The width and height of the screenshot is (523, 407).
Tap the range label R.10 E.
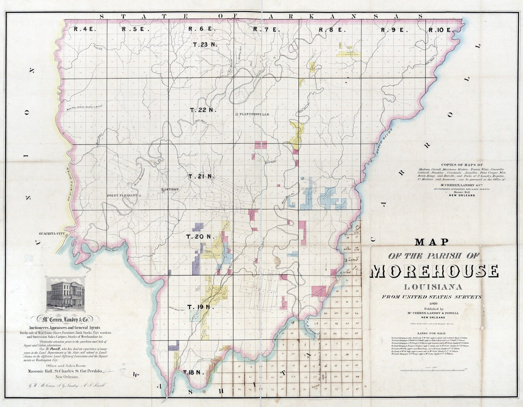point(440,30)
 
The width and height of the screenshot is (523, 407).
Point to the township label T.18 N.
point(192,372)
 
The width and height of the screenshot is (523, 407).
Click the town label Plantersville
point(254,114)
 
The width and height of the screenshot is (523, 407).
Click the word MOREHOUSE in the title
point(434,271)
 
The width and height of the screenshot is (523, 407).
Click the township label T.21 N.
point(202,176)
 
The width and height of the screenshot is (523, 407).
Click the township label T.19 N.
point(200,307)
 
